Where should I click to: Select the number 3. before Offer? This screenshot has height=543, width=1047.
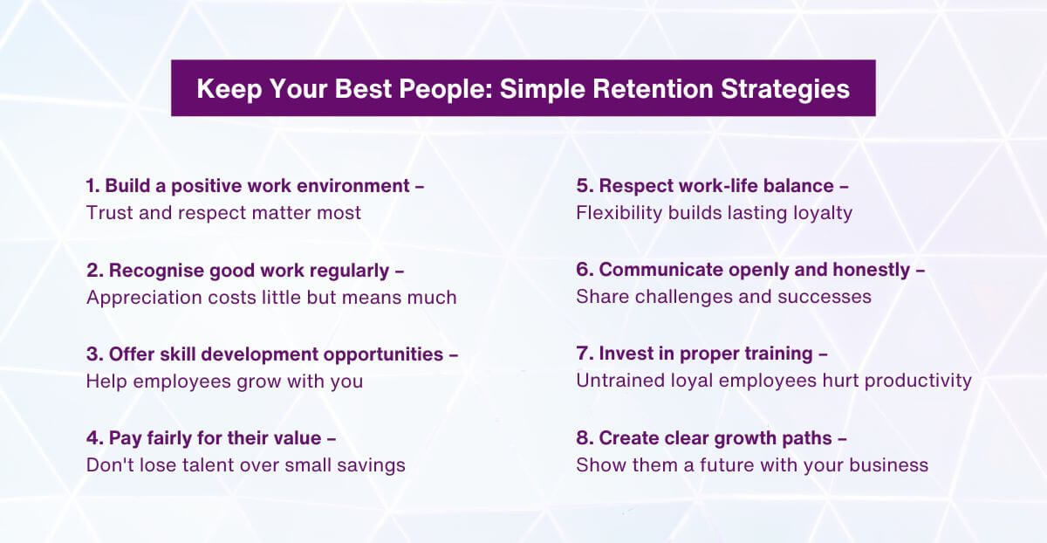click(94, 354)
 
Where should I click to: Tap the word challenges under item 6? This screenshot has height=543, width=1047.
click(678, 297)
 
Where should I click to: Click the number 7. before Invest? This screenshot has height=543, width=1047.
click(584, 354)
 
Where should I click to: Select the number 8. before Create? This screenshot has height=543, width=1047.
click(584, 438)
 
